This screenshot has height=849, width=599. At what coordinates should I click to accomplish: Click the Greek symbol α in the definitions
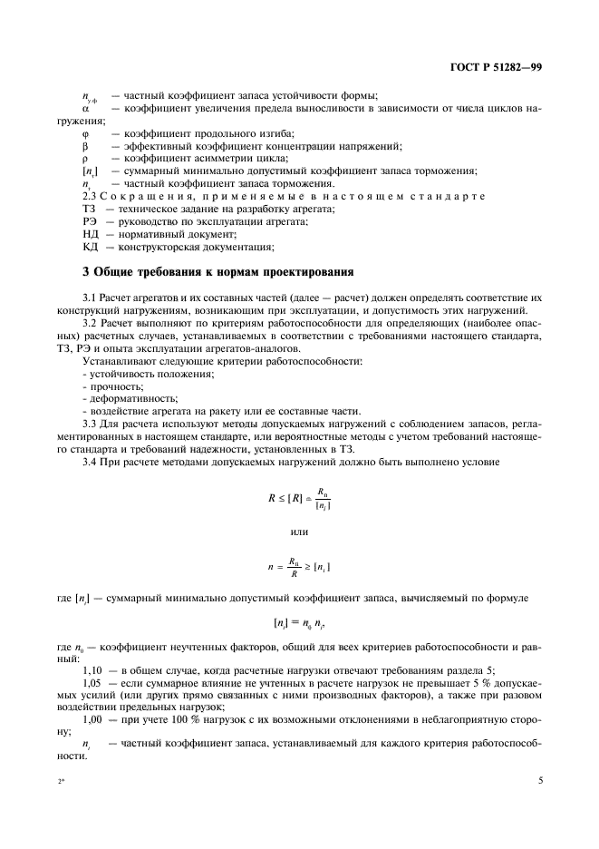click(85, 108)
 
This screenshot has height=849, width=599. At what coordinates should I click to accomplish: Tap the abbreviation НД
click(89, 235)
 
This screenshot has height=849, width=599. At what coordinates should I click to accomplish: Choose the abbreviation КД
click(89, 247)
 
